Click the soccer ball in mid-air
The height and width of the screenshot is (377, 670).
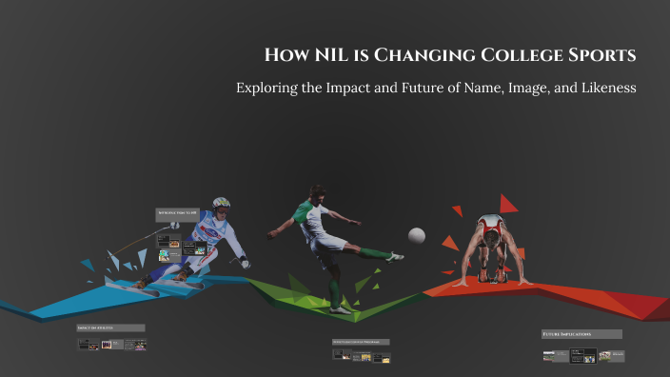coord(417,235)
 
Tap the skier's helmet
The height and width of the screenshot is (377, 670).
coord(222,203)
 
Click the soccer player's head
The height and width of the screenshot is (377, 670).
coord(318,191)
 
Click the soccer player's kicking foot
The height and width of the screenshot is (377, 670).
coord(395,256)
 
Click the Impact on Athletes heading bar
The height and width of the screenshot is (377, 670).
coord(110,327)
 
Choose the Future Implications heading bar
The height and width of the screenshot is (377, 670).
coord(581,335)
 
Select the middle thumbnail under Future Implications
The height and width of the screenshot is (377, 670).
coord(583,356)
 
